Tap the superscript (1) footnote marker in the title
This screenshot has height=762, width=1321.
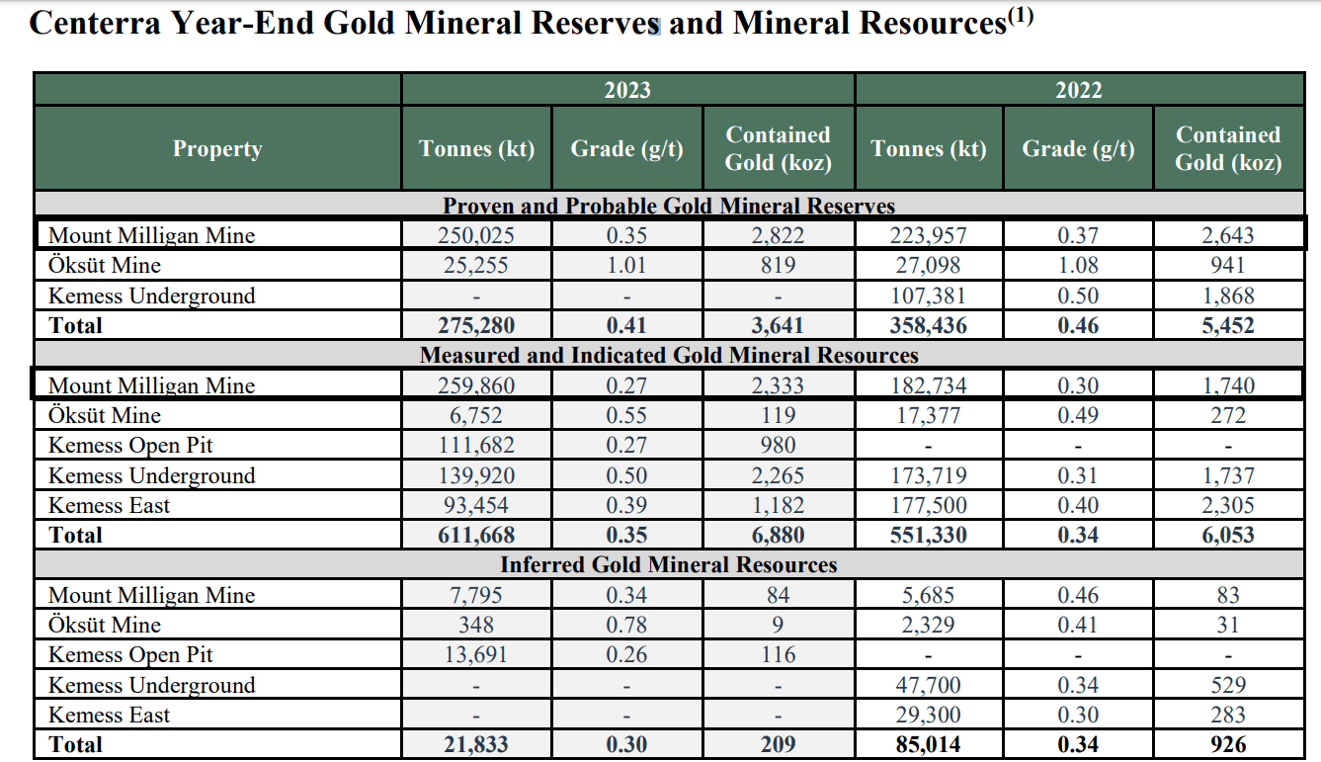1020,16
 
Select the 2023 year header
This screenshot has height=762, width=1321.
627,90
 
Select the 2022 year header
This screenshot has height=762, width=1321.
1079,90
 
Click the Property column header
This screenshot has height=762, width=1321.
217,149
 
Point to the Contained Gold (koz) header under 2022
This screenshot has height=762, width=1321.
1228,149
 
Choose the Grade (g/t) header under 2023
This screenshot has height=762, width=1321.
627,149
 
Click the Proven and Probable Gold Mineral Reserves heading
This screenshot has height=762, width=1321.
669,206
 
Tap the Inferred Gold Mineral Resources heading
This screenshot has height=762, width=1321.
669,565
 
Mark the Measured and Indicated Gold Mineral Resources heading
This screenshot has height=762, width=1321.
669,355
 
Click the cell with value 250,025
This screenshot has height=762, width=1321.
477,235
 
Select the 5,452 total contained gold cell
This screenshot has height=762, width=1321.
1228,325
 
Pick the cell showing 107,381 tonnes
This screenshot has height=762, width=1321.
929,296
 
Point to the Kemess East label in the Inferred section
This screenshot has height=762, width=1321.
110,715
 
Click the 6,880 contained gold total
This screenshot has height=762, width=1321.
778,536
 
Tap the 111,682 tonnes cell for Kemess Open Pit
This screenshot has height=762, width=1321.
477,446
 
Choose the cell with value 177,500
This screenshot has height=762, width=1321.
929,505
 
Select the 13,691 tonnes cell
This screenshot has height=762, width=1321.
477,654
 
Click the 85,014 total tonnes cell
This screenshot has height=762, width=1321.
929,744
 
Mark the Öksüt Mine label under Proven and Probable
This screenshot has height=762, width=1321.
105,265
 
